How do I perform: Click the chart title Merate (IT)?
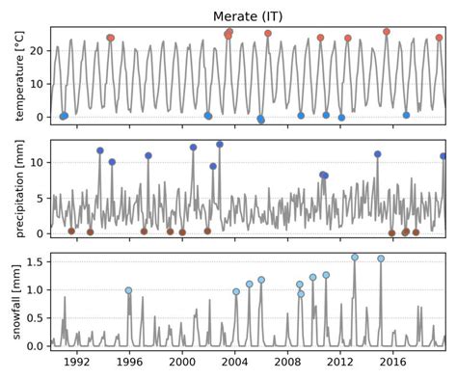click(x=249, y=15)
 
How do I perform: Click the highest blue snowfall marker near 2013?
click(x=355, y=258)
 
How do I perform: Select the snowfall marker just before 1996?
click(x=128, y=290)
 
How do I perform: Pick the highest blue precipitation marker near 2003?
click(x=220, y=145)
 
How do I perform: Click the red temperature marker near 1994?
click(x=110, y=39)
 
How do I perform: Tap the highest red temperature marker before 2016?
click(x=387, y=32)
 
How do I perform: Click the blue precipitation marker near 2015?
click(x=378, y=154)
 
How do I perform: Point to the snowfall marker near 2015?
click(x=381, y=258)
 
